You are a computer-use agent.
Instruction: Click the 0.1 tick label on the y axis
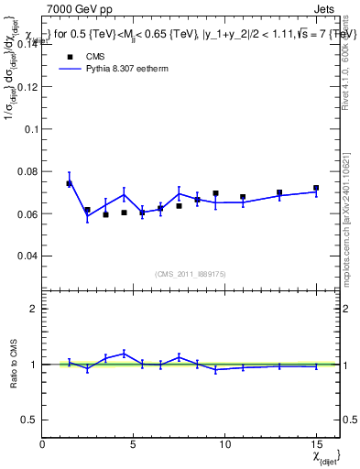click(30, 129)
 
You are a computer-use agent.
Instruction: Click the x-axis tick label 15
click(315, 444)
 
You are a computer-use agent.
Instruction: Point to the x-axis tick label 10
click(224, 444)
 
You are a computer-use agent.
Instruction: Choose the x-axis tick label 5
click(134, 444)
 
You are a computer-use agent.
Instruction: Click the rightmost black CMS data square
click(316, 188)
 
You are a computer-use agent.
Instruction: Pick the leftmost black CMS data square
click(70, 183)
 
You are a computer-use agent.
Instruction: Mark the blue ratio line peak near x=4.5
click(124, 354)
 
